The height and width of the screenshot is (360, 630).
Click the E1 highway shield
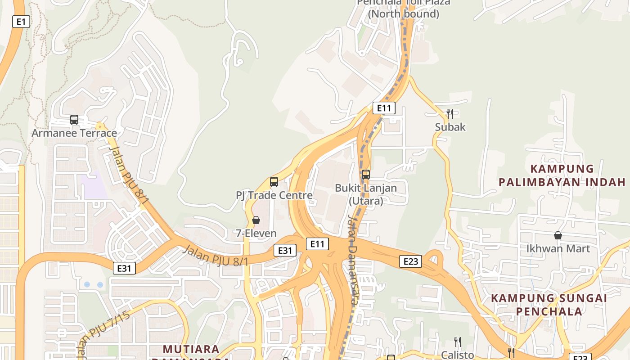(x=21, y=22)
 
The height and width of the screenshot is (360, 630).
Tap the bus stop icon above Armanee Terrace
(x=74, y=120)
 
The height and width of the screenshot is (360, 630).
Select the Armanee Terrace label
(x=74, y=133)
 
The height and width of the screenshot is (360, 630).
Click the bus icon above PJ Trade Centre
(x=274, y=182)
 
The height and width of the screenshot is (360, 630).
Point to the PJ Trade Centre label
(x=274, y=195)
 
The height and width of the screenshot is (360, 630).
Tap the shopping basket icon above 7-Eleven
(x=256, y=220)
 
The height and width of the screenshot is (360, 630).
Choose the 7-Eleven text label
(x=256, y=233)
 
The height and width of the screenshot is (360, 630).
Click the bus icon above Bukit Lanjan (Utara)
(x=366, y=174)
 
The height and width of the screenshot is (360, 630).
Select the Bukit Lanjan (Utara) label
(x=366, y=194)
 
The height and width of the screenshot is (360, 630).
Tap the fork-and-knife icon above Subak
(x=450, y=113)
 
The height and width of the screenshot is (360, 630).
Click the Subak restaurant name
(x=450, y=127)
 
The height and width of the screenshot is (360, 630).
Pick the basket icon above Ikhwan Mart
(x=558, y=235)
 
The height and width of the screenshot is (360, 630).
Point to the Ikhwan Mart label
(x=558, y=248)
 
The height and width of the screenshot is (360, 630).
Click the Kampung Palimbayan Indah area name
(x=562, y=175)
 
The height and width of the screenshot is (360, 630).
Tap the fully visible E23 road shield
(x=410, y=261)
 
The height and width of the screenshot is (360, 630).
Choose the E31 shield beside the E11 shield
(x=285, y=250)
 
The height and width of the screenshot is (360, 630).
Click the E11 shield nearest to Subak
(x=384, y=108)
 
